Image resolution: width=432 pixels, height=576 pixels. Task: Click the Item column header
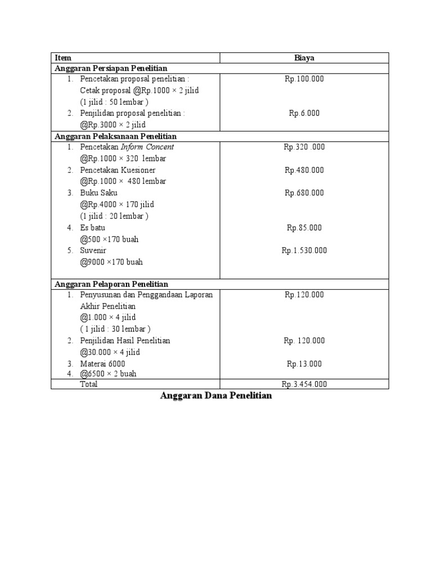tap(63, 57)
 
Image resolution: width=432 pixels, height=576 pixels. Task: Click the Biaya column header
tap(304, 57)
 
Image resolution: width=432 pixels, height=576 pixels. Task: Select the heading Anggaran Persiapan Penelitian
tap(111, 68)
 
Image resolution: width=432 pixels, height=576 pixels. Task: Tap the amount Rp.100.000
tap(304, 79)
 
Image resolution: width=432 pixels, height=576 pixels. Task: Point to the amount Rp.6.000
tap(304, 113)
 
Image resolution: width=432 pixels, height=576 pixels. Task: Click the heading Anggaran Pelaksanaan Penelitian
tap(115, 136)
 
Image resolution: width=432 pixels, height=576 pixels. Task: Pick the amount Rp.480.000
tap(304, 170)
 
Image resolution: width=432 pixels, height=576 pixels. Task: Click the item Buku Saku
tap(99, 193)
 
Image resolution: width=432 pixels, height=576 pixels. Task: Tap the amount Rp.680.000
tap(304, 193)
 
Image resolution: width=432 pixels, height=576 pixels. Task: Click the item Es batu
tap(93, 228)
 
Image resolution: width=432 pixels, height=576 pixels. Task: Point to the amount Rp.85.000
tap(304, 228)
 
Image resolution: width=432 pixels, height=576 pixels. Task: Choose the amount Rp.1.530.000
tap(304, 250)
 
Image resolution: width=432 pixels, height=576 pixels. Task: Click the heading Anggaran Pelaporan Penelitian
tap(111, 284)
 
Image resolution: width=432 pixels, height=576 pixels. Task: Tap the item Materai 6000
tap(103, 364)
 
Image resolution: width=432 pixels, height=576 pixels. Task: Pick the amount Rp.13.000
tap(304, 364)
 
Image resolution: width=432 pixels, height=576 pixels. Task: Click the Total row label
tap(89, 384)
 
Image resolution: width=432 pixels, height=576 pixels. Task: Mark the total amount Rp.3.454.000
tap(304, 384)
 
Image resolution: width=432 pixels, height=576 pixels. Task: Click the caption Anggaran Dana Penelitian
tap(216, 396)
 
